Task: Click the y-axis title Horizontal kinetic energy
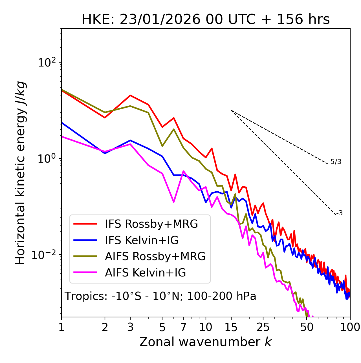(x=21, y=173)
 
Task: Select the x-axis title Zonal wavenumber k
(x=205, y=342)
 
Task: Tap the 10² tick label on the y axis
(x=47, y=62)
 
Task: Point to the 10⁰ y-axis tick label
(x=47, y=159)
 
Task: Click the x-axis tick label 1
(x=61, y=327)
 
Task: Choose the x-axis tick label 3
(x=130, y=327)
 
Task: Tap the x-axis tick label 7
(x=183, y=327)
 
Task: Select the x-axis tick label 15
(x=231, y=327)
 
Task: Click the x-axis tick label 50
(x=307, y=327)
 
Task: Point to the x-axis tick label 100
(x=350, y=327)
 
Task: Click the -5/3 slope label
(x=335, y=162)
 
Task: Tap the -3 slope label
(x=339, y=213)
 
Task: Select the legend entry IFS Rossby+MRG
(x=151, y=224)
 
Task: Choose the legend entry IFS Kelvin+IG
(x=142, y=240)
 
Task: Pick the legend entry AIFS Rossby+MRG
(x=155, y=256)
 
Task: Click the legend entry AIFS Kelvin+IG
(x=145, y=273)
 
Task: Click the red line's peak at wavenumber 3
(x=130, y=95)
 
